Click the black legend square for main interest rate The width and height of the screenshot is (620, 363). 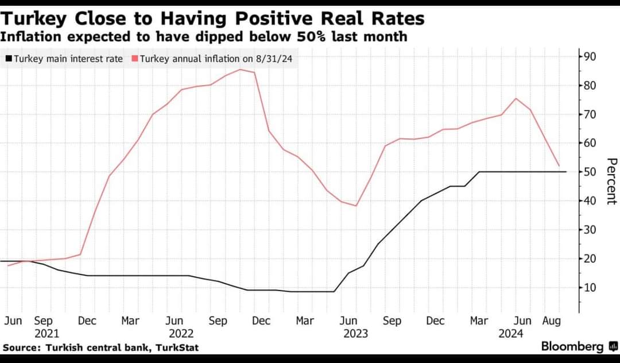pos(9,59)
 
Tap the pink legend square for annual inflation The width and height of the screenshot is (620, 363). pos(135,59)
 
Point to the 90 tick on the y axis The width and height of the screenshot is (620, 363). pos(590,56)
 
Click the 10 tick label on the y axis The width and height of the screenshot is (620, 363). pos(590,287)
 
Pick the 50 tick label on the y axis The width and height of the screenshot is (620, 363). pos(590,172)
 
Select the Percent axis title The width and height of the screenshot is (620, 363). pos(611,181)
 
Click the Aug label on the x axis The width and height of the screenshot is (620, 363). pos(552,321)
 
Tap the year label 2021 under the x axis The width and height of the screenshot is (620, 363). pos(47,333)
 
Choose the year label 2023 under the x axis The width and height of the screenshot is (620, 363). pos(355,333)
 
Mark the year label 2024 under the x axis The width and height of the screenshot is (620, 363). pos(511,333)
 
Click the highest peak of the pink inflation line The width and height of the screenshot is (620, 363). pos(239,69)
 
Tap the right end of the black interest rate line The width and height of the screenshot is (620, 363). pos(566,172)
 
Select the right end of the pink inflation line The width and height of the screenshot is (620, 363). pos(559,167)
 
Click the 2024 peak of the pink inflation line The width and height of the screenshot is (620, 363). pos(516,98)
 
